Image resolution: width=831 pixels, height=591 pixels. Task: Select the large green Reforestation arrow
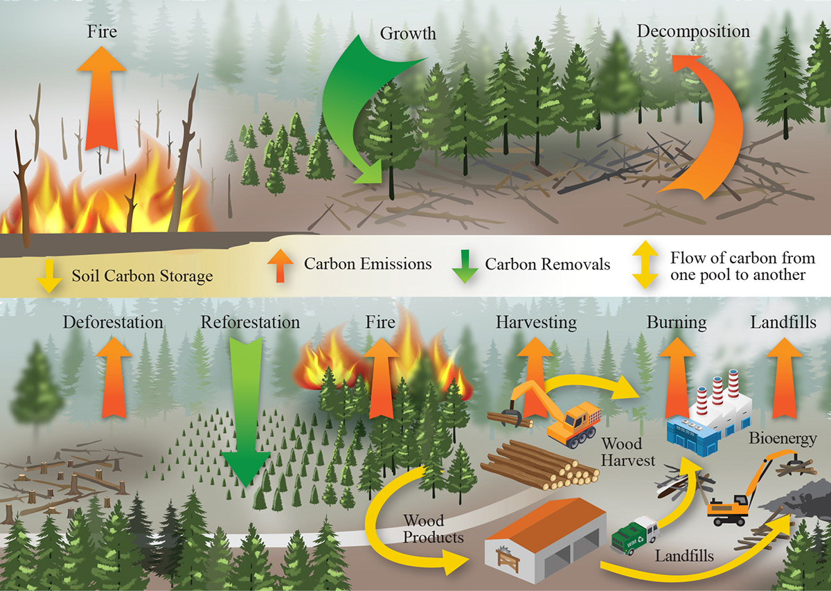click(247, 416)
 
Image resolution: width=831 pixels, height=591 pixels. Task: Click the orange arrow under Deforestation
click(113, 378)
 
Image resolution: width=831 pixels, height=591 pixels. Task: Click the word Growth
click(409, 33)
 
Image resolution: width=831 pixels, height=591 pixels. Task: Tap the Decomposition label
click(693, 31)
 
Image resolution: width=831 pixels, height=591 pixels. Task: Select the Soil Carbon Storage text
click(142, 276)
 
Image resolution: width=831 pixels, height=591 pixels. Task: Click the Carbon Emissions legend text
click(368, 263)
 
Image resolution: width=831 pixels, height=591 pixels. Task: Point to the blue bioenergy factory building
click(692, 433)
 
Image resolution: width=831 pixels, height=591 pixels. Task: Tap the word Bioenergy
click(783, 439)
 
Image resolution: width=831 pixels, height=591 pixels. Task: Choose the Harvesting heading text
click(536, 322)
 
